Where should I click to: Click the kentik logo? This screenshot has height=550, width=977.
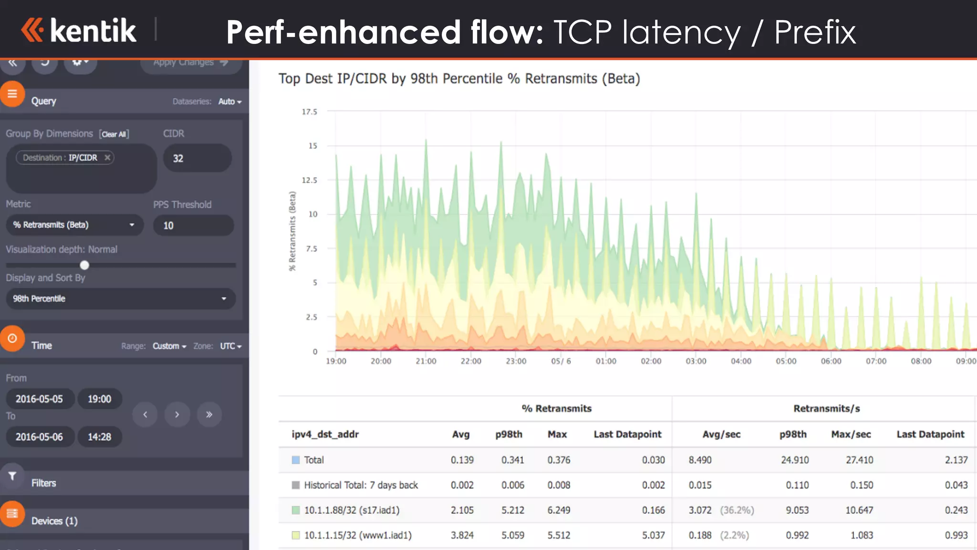click(x=79, y=30)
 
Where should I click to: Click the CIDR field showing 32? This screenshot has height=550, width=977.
click(x=197, y=158)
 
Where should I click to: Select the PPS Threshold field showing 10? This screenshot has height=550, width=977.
click(x=193, y=225)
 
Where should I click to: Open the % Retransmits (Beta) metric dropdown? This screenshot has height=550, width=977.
click(x=74, y=225)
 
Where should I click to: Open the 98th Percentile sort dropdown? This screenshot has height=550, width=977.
click(x=120, y=299)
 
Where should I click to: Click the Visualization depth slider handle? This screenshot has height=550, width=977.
click(x=84, y=265)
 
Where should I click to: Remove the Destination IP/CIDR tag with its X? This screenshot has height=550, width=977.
click(x=107, y=158)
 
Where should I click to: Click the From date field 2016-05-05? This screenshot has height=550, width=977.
click(x=40, y=399)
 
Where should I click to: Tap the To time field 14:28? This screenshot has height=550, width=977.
click(x=99, y=437)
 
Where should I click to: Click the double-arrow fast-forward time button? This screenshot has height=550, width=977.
click(x=209, y=414)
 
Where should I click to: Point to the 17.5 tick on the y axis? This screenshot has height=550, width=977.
click(x=309, y=112)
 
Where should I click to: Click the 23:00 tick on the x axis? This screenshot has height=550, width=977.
click(x=516, y=361)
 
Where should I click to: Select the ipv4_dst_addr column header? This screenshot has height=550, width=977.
click(x=325, y=434)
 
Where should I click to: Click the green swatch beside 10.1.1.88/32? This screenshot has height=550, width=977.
click(x=296, y=510)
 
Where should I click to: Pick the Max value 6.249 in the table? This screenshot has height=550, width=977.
click(x=559, y=510)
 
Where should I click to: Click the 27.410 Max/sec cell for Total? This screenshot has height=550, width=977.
click(x=859, y=460)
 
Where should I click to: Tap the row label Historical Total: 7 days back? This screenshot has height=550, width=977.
click(x=361, y=486)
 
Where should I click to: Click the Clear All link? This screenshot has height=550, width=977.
click(x=114, y=134)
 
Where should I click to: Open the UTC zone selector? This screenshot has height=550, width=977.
click(x=230, y=346)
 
